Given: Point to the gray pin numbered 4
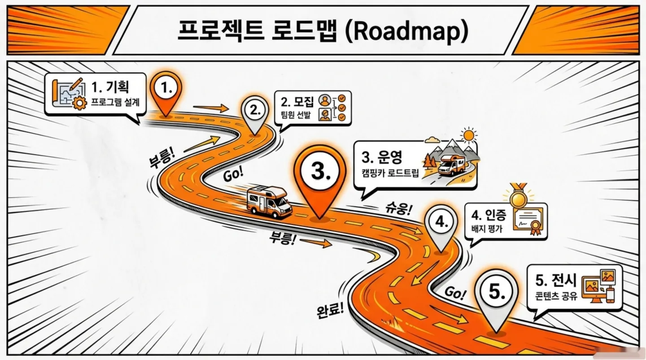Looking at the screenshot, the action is pos(442,224).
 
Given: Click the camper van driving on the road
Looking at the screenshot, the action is pos(269,202).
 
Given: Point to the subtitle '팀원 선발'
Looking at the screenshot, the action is pos(295,115).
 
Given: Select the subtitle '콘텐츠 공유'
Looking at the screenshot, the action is pos(555,296).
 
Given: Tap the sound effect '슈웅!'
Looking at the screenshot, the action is pos(398,208).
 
